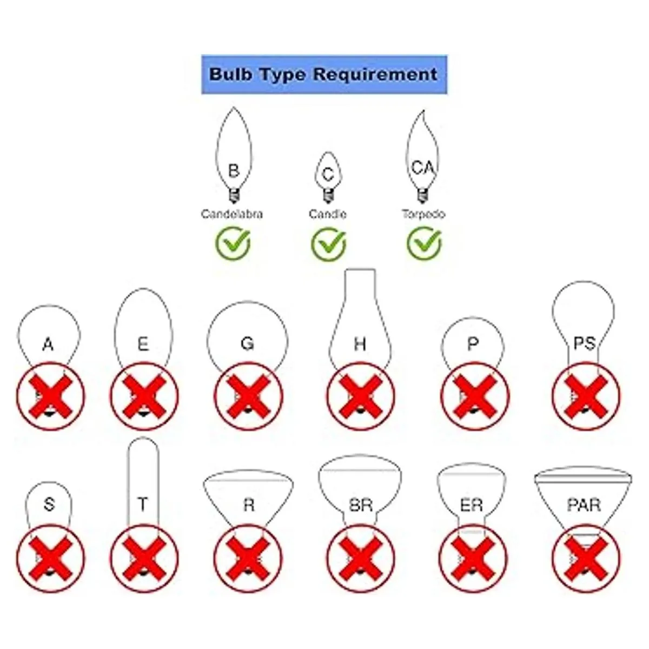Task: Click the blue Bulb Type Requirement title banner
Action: (x=323, y=74)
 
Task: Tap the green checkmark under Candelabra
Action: (x=233, y=244)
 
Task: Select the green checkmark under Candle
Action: (x=328, y=244)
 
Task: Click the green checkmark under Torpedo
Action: (x=424, y=244)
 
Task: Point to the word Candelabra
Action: (x=232, y=214)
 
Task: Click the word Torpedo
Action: (x=423, y=214)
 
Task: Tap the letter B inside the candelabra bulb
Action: (x=233, y=171)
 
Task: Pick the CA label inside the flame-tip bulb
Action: (x=422, y=168)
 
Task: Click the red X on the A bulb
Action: (x=50, y=397)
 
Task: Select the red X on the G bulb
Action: (x=248, y=397)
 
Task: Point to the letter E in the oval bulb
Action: (x=143, y=344)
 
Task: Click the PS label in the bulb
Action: (x=584, y=343)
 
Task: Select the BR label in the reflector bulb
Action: (x=360, y=505)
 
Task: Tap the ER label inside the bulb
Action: (x=471, y=505)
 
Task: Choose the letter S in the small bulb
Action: (x=49, y=505)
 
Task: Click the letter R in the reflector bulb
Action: (x=248, y=505)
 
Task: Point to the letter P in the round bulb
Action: (x=473, y=344)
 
